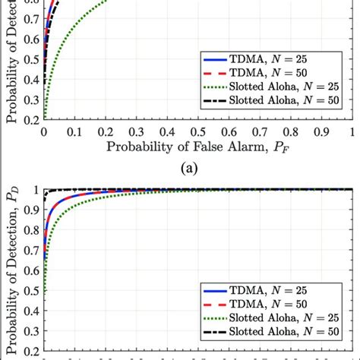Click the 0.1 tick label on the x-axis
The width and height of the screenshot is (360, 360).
(x=74, y=131)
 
